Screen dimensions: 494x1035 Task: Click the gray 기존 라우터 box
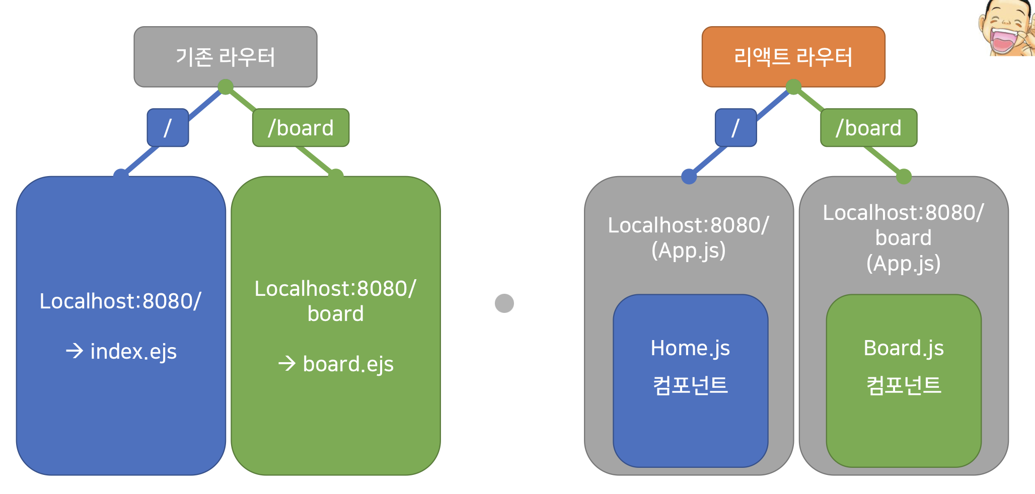point(225,56)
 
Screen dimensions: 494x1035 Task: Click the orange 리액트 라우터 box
point(793,56)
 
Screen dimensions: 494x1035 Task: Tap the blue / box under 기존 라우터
point(168,128)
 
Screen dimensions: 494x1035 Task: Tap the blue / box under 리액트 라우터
point(735,128)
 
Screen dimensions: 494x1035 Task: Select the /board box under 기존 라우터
point(301,128)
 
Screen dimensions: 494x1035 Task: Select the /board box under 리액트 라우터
point(868,128)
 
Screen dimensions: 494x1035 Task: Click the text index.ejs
point(133,351)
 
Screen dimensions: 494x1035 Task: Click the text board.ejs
point(348,364)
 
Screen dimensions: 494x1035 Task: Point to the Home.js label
point(690,348)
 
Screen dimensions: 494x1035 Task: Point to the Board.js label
point(904,348)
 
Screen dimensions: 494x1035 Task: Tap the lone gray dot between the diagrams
point(504,303)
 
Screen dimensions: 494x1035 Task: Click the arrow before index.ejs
point(75,351)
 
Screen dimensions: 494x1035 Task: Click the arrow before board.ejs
point(287,363)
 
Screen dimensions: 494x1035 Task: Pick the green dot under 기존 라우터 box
point(225,87)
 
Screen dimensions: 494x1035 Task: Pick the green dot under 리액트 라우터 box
point(793,87)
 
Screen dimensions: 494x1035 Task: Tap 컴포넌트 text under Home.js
point(690,385)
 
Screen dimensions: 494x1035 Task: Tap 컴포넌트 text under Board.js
point(904,385)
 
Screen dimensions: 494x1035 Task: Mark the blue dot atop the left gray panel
point(689,177)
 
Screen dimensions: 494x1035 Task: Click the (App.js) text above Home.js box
point(688,251)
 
